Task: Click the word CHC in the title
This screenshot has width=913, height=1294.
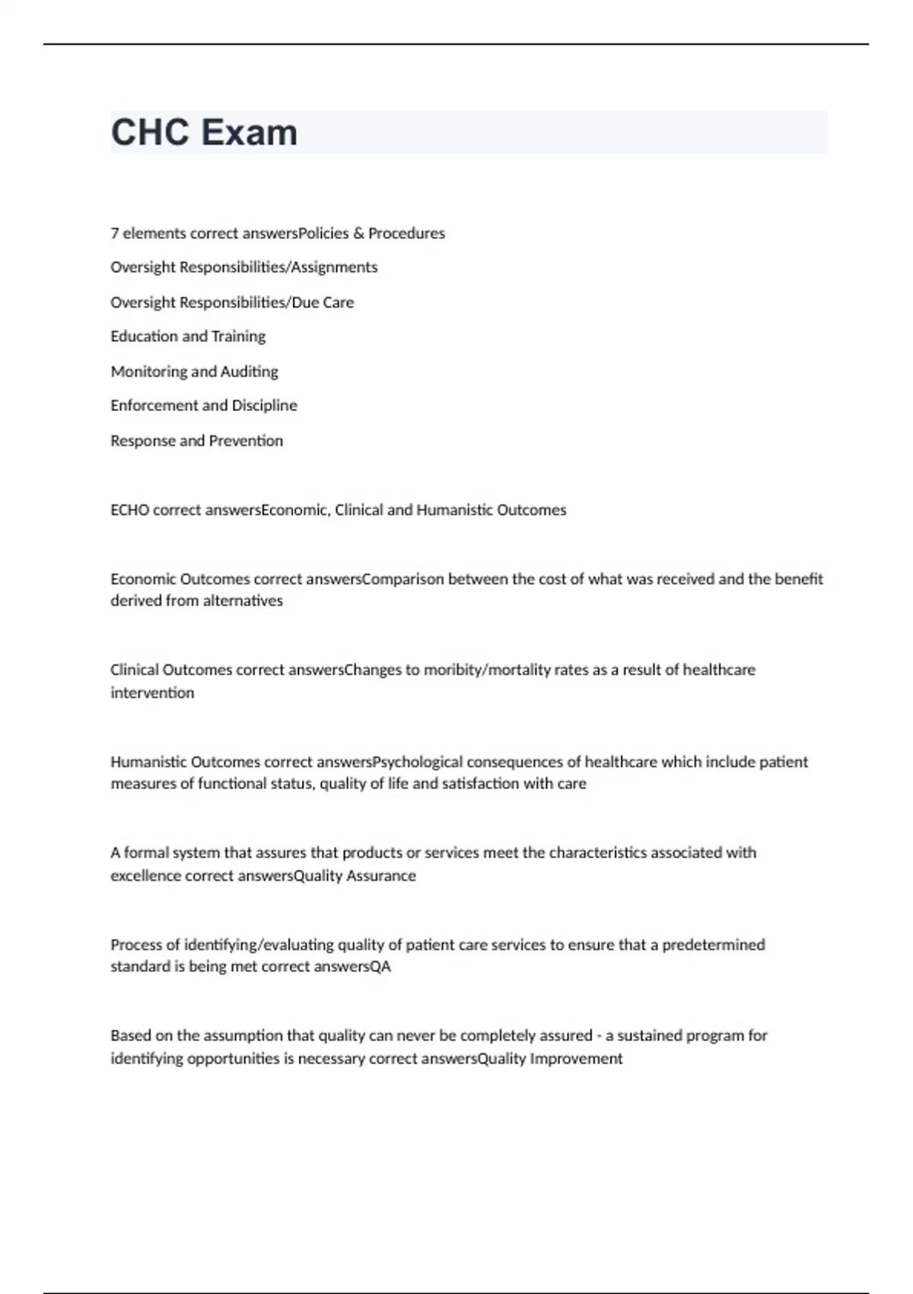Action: click(150, 132)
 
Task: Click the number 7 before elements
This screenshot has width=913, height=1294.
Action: click(114, 233)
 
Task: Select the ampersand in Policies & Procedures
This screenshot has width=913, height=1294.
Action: click(358, 233)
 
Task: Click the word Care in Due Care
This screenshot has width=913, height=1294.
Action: click(339, 302)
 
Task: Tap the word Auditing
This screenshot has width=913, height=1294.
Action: click(250, 371)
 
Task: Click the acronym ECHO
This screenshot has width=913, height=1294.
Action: click(129, 510)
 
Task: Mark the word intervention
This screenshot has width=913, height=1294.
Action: click(152, 693)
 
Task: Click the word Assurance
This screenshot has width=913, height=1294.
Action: click(381, 875)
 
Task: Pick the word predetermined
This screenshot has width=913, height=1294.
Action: click(713, 945)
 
